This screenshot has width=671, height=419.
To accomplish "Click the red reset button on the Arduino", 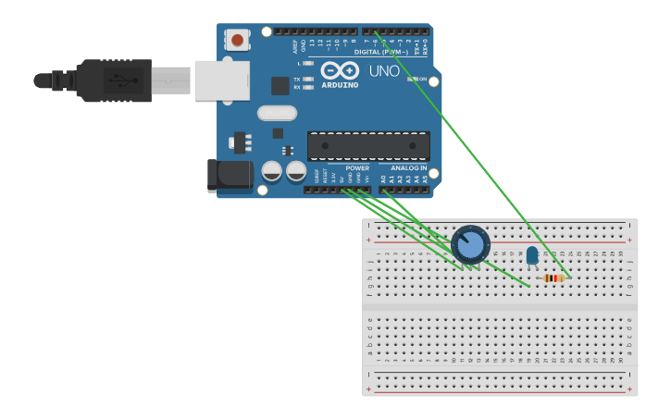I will (238, 40).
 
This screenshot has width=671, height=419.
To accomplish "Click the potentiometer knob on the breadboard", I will (471, 245).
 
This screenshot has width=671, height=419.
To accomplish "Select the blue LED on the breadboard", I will (532, 255).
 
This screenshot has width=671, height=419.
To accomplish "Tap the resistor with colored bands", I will (553, 277).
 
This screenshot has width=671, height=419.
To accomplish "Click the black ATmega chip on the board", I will (368, 146).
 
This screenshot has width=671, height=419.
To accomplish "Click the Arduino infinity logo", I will (339, 69).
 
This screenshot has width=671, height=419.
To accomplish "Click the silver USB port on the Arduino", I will (221, 80).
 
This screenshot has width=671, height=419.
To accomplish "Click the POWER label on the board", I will (356, 168).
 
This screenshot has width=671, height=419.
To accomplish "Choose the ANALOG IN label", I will (408, 168).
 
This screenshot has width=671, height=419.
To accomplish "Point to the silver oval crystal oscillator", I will (277, 113).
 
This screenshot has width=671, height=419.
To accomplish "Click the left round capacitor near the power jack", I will (272, 171).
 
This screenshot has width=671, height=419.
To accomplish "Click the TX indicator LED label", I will (297, 80).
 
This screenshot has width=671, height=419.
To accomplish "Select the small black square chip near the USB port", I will (280, 86).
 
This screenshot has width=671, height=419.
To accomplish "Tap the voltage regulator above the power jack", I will (242, 143).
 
